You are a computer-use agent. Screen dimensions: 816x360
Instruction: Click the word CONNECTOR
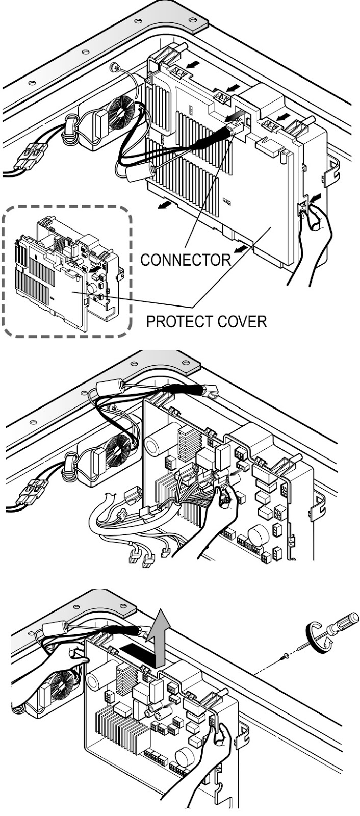(185, 260)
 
